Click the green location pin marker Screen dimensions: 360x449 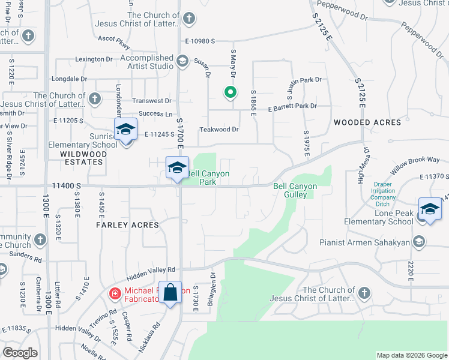click(229, 92)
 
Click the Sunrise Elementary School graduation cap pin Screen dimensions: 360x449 click(125, 130)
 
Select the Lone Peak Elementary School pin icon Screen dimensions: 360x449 click(430, 209)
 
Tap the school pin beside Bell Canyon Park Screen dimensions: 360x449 click(177, 169)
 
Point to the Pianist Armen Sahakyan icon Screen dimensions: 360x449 click(419, 242)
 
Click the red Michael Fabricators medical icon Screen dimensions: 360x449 click(114, 293)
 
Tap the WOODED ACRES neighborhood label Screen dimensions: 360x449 click(367, 122)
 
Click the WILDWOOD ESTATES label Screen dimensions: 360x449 click(83, 158)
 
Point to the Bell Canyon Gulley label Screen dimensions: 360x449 click(295, 190)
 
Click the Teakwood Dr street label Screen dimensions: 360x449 click(220, 129)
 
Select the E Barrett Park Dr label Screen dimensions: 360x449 click(292, 106)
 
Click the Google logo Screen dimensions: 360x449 click(20, 353)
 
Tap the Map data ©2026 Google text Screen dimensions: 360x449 click(411, 355)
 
